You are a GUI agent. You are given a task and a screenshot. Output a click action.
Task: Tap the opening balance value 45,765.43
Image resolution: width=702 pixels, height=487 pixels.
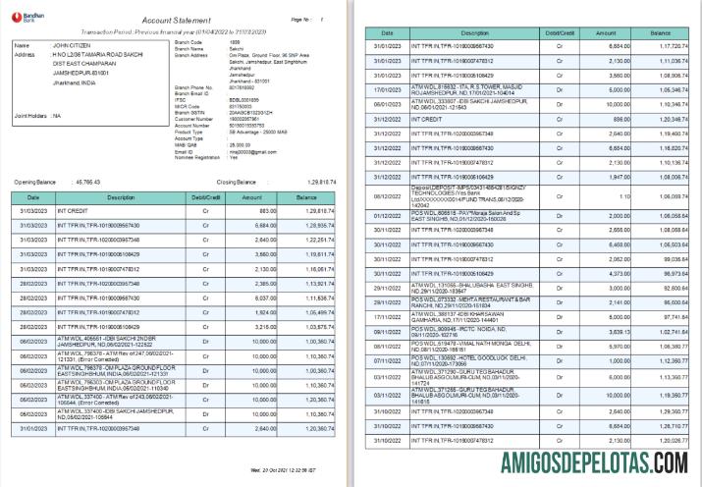pos(88,183)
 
